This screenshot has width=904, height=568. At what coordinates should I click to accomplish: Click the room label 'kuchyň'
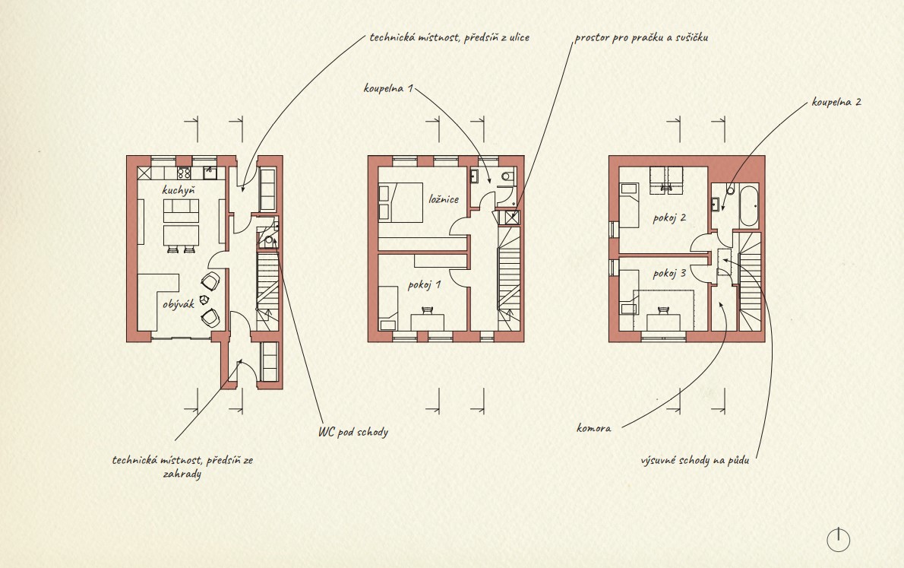(x=179, y=190)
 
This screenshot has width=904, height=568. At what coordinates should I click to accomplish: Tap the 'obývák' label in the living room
(x=179, y=304)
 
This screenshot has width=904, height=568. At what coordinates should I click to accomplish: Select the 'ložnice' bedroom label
(x=444, y=199)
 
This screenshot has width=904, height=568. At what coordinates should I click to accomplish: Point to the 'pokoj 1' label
(x=425, y=284)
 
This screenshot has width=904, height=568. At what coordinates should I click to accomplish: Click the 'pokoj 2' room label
(x=669, y=217)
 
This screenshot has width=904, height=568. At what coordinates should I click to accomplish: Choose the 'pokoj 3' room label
(x=669, y=272)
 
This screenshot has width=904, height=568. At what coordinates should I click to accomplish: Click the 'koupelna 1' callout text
(x=388, y=88)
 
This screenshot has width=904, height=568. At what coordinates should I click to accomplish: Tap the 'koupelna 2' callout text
(x=836, y=102)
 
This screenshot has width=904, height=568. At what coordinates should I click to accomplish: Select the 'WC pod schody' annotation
(x=353, y=432)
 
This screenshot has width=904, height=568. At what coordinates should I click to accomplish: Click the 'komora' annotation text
(x=594, y=428)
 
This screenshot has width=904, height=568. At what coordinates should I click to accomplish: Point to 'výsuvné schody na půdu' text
(x=695, y=460)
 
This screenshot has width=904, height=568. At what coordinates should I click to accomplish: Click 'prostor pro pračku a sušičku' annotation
(x=641, y=37)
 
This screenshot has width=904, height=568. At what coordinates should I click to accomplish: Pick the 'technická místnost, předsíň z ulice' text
(x=450, y=37)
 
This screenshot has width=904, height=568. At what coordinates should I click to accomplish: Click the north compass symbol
(x=838, y=540)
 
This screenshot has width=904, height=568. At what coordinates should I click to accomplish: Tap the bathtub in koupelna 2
(x=749, y=206)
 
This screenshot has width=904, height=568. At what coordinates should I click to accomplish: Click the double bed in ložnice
(x=400, y=202)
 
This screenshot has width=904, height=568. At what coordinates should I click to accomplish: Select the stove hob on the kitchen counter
(x=184, y=173)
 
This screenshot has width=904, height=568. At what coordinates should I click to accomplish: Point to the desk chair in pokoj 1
(x=427, y=310)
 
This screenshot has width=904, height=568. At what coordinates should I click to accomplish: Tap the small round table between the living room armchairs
(x=204, y=300)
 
